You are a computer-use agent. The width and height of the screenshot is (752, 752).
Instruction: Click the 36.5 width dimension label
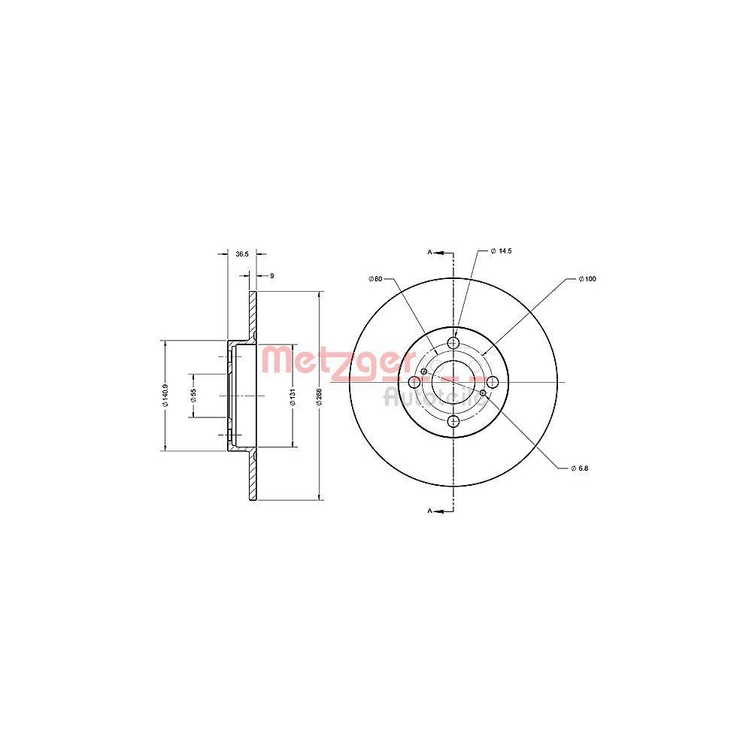241,254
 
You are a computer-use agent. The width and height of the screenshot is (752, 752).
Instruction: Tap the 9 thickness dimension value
271,276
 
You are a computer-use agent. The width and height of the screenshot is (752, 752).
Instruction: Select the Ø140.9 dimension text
165,396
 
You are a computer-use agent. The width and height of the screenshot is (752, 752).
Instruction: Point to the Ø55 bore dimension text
193,396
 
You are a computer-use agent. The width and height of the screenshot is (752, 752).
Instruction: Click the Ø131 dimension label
293,396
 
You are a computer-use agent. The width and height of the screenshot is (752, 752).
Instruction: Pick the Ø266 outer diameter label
320,396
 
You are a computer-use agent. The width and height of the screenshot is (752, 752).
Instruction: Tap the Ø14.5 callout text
501,250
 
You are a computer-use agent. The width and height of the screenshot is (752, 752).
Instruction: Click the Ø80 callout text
376,279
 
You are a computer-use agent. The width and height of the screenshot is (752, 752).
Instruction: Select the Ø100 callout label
587,279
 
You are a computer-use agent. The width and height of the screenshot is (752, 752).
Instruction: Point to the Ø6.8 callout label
579,468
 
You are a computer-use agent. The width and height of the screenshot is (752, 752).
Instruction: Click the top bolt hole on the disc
453,344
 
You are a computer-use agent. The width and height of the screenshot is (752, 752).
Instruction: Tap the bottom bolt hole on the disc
453,422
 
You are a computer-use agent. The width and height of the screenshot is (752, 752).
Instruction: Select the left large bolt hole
414,383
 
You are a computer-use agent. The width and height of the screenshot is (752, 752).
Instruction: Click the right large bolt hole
493,383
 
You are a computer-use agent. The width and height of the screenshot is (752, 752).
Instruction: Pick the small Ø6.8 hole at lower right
483,392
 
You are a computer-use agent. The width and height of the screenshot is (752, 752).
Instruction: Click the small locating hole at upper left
425,371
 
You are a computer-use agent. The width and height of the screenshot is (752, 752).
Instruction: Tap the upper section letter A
430,253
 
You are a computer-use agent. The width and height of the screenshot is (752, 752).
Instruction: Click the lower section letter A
430,511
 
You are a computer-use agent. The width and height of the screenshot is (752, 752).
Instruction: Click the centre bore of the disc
453,382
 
